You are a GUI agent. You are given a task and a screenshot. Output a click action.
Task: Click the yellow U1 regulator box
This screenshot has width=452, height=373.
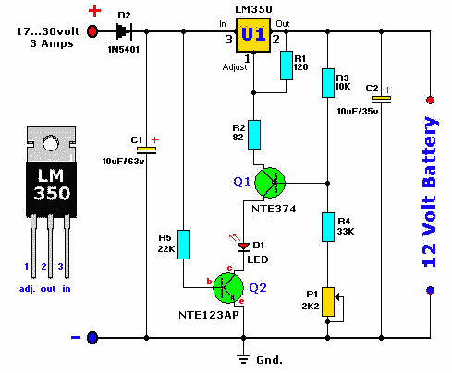pos(253,35)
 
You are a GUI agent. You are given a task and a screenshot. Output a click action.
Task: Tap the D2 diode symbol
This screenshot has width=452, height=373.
pos(124,31)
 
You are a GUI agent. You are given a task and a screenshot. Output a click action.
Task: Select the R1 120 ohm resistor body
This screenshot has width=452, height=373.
pos(287,66)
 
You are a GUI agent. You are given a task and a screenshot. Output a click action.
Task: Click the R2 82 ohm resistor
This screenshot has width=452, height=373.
pos(254,135)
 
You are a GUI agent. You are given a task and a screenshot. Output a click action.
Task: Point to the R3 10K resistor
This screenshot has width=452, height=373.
pos(328,83)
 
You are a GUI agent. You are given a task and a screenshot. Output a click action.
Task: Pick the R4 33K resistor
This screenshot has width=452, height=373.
pos(328,227)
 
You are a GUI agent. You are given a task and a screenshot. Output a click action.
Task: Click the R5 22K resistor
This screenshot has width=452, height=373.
pos(184,245)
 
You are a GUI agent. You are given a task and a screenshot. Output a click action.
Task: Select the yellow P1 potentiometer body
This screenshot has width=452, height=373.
pos(328,302)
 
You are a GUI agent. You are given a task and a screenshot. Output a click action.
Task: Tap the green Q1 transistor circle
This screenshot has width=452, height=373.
pos(270,183)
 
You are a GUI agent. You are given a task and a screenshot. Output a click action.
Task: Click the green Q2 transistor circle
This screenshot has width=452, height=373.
pos(228,288)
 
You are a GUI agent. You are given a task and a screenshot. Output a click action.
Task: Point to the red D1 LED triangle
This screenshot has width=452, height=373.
pos(243,247)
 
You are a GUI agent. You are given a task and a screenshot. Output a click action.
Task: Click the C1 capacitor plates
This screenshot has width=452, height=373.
pos(146,150)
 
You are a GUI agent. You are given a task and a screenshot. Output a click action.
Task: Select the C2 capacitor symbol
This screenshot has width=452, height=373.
pos(381,100)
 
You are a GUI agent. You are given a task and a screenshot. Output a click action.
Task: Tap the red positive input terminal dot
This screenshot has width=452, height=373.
pos(92,31)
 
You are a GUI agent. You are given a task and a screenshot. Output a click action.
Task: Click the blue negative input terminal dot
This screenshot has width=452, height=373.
pos(92,338)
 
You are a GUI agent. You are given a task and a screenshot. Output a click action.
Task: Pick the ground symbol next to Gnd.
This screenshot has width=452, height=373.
pos(243,359)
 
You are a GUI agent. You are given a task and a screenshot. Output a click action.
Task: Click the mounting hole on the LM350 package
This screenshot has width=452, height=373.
pos(51,143)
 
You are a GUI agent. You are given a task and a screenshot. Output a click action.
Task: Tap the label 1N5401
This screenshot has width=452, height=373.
pos(124,49)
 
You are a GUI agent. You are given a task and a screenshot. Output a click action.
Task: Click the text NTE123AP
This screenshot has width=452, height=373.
pos(209,315)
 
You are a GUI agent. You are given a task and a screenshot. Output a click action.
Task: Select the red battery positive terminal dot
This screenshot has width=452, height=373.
pos(430,100)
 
